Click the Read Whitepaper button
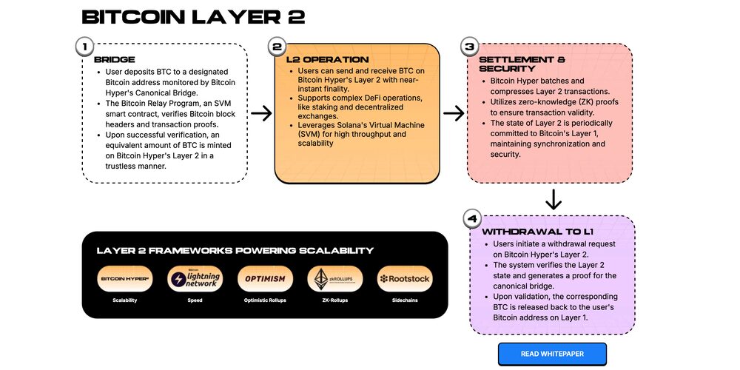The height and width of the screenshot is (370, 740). [552, 354]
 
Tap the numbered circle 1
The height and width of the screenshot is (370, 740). [85, 47]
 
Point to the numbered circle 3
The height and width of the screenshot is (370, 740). [469, 47]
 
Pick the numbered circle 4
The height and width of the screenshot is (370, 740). [471, 219]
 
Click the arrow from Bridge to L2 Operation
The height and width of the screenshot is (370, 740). [261, 113]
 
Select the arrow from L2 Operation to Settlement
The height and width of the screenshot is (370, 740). [454, 113]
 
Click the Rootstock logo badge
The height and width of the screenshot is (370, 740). [404, 279]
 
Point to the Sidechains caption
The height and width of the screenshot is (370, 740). [404, 301]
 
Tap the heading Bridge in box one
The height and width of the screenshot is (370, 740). [110, 60]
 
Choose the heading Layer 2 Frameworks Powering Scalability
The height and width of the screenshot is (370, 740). [235, 251]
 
